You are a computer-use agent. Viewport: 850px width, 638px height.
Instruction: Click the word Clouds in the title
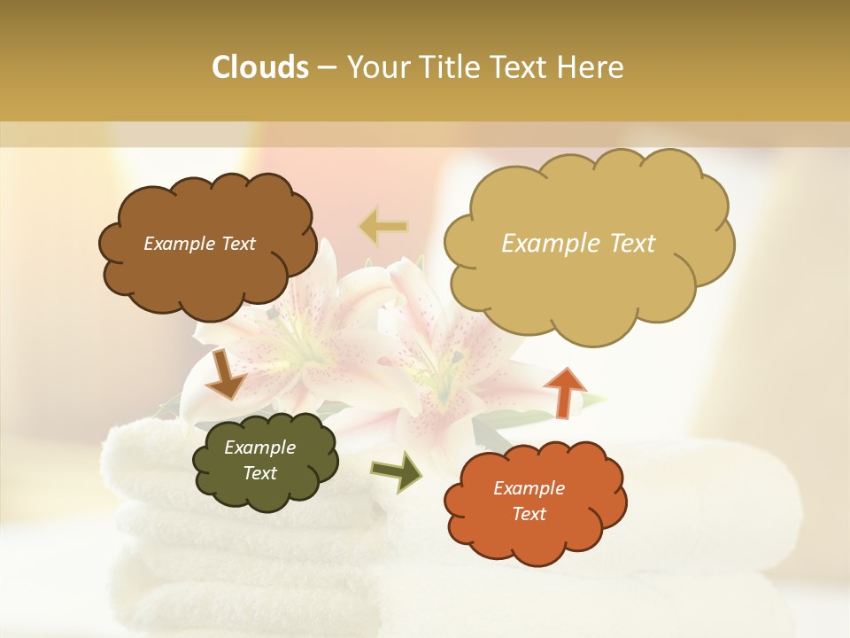click(x=259, y=67)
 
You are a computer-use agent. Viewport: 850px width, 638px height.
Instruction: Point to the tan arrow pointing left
click(x=382, y=228)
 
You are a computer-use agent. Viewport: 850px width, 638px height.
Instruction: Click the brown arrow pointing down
click(x=225, y=374)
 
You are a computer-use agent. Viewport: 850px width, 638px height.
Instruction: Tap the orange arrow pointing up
click(x=564, y=391)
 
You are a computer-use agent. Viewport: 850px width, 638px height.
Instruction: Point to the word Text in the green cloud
click(x=260, y=473)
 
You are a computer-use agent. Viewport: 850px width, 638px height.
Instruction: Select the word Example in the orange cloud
click(x=529, y=488)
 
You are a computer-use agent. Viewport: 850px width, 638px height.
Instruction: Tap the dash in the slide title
click(x=326, y=68)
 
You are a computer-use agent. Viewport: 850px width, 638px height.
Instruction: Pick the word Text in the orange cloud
click(x=529, y=514)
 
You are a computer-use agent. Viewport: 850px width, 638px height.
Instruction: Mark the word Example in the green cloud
click(x=260, y=447)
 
